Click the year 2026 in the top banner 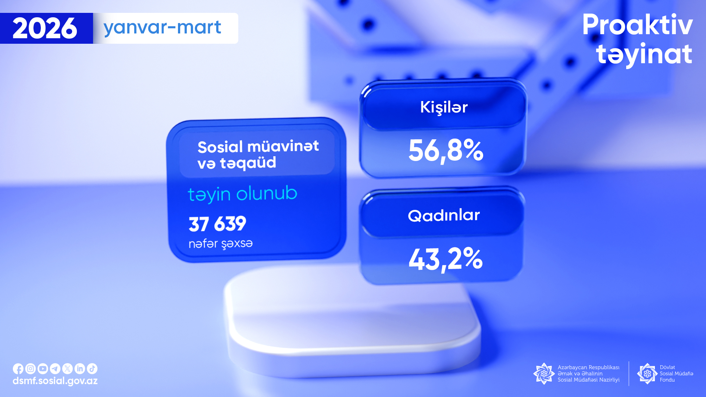(45, 28)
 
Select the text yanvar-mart (162, 28)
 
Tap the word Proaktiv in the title (637, 25)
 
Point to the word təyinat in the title (644, 54)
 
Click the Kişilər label (444, 107)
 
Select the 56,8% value (446, 151)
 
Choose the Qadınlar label (444, 215)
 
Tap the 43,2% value (446, 260)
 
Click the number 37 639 (217, 223)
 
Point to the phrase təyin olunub (242, 194)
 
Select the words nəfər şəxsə (221, 244)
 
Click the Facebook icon (18, 369)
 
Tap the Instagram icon (31, 369)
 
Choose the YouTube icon (43, 369)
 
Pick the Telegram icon (55, 369)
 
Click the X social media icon (67, 369)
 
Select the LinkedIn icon (80, 369)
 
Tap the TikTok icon (92, 369)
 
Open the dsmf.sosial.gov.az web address (55, 381)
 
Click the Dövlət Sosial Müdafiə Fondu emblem (647, 373)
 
